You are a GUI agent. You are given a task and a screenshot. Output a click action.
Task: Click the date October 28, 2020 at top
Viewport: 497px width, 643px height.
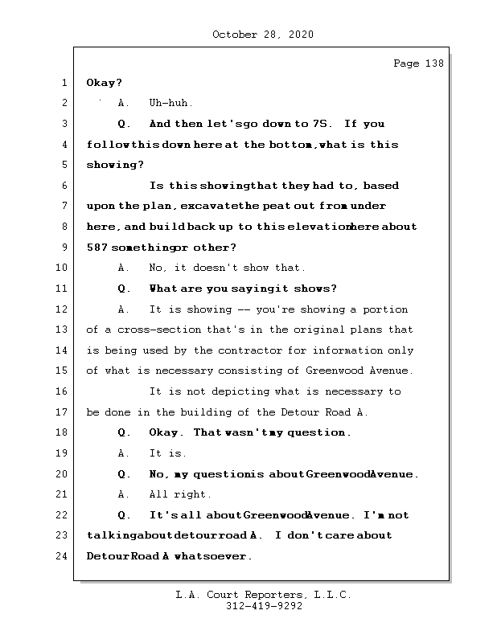click(263, 35)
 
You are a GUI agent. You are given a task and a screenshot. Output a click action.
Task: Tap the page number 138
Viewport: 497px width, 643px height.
click(418, 63)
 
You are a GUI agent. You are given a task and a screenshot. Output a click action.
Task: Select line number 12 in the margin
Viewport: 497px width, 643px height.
click(62, 309)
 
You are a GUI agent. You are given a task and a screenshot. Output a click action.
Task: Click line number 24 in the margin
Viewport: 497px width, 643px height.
click(62, 556)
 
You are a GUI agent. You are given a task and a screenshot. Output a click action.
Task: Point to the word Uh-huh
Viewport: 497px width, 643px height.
click(170, 104)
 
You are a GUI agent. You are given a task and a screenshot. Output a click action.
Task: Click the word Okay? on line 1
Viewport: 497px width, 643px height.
click(104, 83)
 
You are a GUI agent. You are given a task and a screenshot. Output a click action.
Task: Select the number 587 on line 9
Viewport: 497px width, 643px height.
click(97, 248)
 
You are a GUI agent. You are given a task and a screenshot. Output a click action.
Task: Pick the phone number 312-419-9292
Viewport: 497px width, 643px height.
click(264, 607)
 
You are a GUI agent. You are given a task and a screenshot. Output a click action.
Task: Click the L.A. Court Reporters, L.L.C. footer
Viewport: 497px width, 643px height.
click(264, 595)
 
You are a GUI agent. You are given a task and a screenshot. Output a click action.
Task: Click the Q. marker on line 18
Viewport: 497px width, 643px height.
click(124, 432)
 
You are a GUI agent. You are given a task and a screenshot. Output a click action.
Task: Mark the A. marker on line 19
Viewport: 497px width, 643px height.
click(124, 453)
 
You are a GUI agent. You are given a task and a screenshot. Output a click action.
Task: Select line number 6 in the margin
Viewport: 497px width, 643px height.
click(62, 186)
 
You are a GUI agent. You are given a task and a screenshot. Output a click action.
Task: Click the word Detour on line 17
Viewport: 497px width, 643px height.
click(298, 412)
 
